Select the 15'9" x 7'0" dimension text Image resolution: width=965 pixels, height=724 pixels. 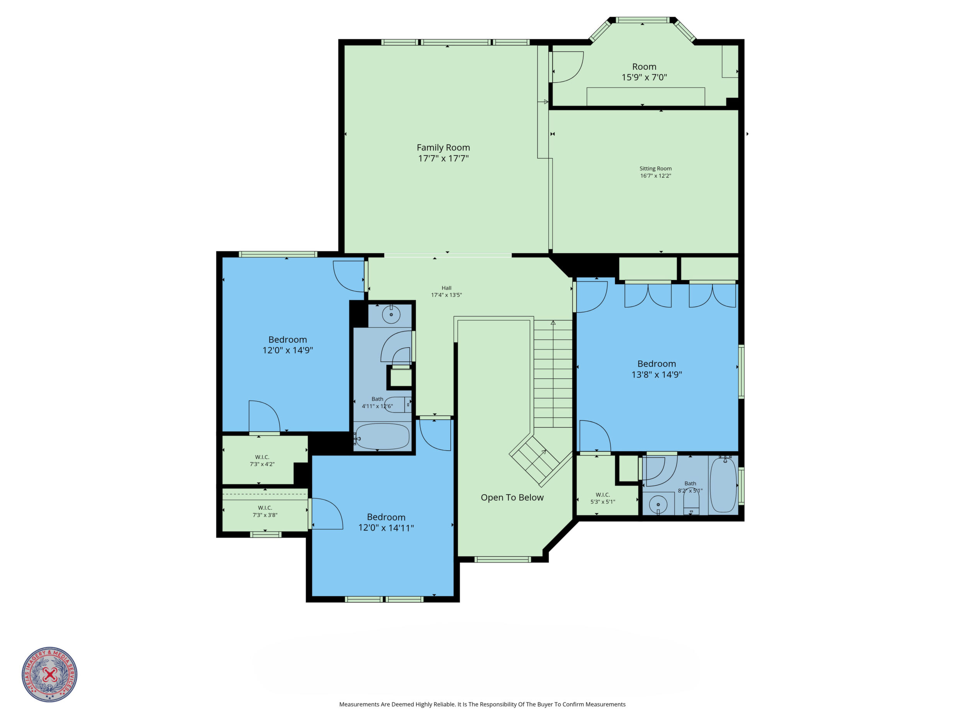click(x=644, y=77)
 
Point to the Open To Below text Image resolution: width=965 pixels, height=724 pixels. click(x=512, y=497)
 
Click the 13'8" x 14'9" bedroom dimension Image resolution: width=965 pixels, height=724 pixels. click(x=656, y=374)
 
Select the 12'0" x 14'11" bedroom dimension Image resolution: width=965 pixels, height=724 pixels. click(x=386, y=528)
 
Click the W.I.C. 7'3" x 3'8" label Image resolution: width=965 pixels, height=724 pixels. click(x=265, y=511)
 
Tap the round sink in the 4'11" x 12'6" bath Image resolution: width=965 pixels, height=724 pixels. click(x=391, y=314)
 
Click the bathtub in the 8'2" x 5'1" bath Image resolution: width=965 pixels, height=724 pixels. click(x=723, y=485)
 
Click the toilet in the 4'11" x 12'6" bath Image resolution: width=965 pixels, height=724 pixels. click(x=398, y=405)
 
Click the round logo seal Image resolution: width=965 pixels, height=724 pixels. click(x=50, y=674)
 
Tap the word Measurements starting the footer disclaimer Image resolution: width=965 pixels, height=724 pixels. click(x=359, y=704)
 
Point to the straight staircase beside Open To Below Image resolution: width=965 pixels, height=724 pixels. click(x=553, y=374)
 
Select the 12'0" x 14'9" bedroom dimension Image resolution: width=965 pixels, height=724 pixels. click(x=288, y=350)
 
